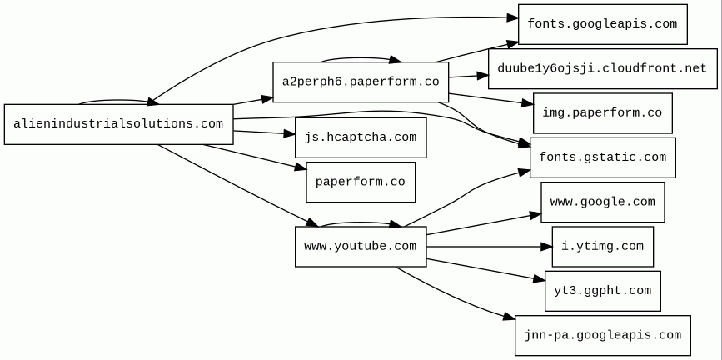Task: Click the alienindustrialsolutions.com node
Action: (118, 124)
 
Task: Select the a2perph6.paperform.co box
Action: (361, 82)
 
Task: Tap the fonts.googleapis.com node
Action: (602, 24)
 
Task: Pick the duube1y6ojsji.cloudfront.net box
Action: (602, 68)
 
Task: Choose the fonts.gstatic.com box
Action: (602, 157)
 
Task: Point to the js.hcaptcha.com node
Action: (360, 137)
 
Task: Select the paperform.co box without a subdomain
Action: (360, 182)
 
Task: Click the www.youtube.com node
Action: (360, 247)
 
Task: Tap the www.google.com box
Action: (602, 202)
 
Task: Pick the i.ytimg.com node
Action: (602, 247)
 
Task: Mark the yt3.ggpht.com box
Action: (602, 291)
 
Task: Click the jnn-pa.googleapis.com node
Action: (602, 335)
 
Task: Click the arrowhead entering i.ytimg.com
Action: (546, 247)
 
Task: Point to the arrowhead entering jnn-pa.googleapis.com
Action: (509, 317)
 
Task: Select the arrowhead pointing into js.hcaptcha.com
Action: (289, 133)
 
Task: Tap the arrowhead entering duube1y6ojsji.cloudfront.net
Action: (482, 75)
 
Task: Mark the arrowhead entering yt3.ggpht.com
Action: (539, 279)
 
